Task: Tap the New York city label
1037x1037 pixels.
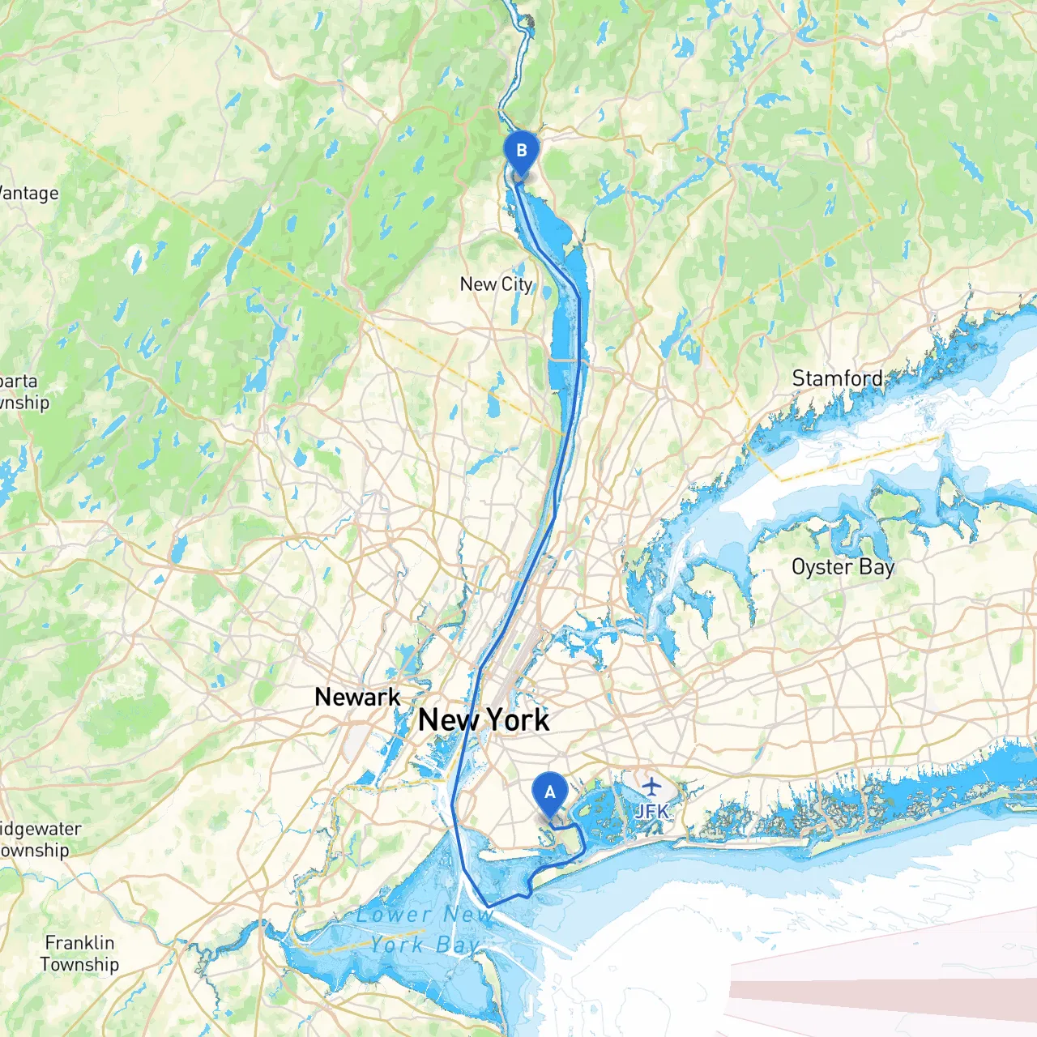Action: point(484,719)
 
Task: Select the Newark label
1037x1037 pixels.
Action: point(357,697)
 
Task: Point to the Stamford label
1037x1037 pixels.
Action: point(838,378)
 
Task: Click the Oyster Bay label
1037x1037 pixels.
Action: point(843,567)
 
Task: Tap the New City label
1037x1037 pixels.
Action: point(496,284)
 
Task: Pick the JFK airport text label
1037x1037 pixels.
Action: point(652,811)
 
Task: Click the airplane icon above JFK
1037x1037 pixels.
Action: point(651,786)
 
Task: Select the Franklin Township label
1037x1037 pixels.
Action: point(79,954)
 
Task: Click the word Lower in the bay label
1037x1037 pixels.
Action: point(394,915)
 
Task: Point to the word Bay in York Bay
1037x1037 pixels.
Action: point(458,945)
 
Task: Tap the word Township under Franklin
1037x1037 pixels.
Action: point(79,965)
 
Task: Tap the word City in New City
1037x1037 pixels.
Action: point(517,284)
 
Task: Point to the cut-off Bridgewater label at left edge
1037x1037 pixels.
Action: point(41,829)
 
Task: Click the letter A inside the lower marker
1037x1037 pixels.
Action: point(549,792)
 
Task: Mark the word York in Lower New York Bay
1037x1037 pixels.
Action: point(397,945)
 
